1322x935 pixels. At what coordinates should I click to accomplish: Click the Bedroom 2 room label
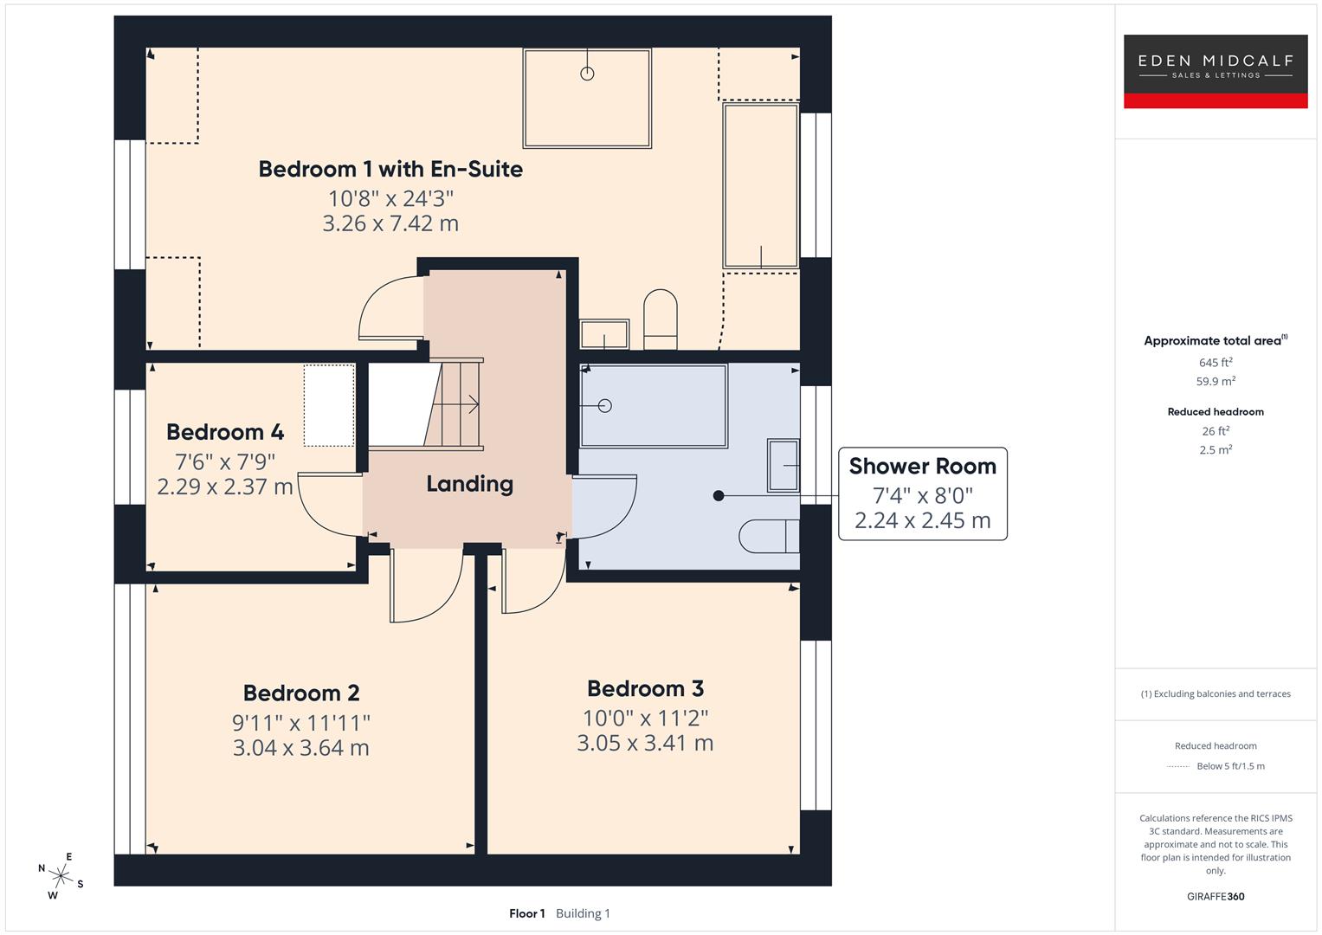pos(301,693)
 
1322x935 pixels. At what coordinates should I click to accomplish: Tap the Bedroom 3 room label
pos(645,688)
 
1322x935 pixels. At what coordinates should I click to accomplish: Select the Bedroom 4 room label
pos(225,431)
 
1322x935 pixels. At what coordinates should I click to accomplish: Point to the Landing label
pos(469,483)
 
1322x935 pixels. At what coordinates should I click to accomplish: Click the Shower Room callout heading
pos(922,466)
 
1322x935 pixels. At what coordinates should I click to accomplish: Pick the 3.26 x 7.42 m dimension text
pos(390,223)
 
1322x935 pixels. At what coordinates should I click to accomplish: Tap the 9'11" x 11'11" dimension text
pos(301,722)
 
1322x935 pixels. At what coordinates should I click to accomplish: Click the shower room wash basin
pos(784,465)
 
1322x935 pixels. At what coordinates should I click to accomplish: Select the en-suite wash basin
pos(604,334)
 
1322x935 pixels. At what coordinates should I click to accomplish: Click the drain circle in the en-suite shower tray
pos(587,74)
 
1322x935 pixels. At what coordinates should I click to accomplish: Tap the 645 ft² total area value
pos(1215,363)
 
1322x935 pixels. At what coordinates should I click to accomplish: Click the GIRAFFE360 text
pos(1215,896)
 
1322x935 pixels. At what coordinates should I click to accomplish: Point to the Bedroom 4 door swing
pos(327,506)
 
